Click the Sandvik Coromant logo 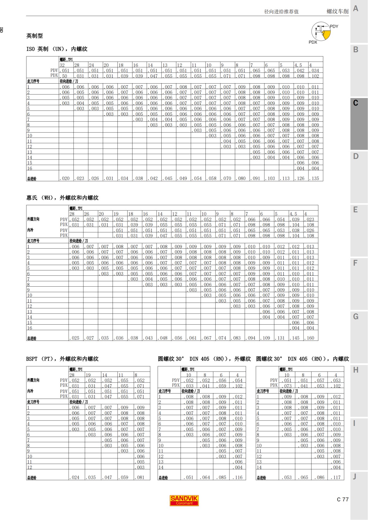click(x=184, y=500)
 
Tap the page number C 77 click(x=343, y=499)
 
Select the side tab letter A click(x=355, y=9)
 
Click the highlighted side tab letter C click(x=355, y=103)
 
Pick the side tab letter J click(x=355, y=477)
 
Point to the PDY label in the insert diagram click(x=334, y=27)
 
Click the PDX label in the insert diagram click(x=313, y=42)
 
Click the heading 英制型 click(x=34, y=36)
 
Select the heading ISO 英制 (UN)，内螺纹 click(x=57, y=49)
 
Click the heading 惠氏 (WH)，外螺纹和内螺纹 click(x=62, y=198)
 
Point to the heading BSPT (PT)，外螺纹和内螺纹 click(x=62, y=359)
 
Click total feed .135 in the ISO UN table click(x=316, y=178)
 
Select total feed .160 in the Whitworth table click(x=311, y=338)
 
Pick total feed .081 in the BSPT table click(x=141, y=477)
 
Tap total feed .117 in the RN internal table click(x=337, y=477)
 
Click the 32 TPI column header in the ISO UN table click(x=62, y=65)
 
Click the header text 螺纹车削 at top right click(x=337, y=12)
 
